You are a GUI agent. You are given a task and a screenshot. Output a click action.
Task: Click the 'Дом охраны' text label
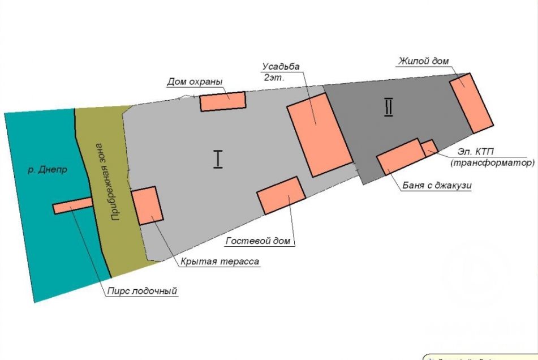coord(194,82)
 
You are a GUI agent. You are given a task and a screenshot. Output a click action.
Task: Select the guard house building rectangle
coord(223,101)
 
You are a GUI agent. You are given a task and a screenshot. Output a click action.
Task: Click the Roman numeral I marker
coord(218,159)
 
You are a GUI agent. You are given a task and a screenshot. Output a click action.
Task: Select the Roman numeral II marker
coord(389,106)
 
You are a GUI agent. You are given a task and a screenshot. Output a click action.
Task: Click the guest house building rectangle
coord(281,195)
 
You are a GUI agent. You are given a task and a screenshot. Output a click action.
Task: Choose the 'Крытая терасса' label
coord(220,262)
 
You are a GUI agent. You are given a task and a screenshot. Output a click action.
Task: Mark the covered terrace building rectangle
coord(147,205)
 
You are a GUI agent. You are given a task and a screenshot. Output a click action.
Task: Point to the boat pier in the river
coord(72,206)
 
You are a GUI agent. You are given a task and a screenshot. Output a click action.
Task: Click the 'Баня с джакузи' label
coord(437,185)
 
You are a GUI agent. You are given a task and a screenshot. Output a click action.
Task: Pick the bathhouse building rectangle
coord(401,156)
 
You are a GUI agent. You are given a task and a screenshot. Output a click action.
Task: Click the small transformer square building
coord(429,147)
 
